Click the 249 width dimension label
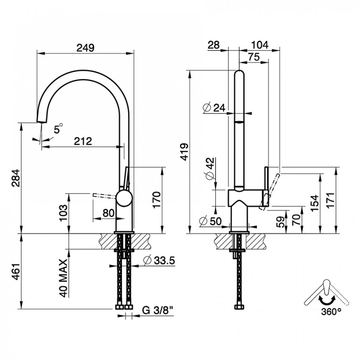(x=86, y=48)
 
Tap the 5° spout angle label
(x=58, y=128)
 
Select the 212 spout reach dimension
(x=83, y=141)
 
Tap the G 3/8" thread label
(x=158, y=310)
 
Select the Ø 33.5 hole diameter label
(x=159, y=260)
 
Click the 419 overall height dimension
(x=185, y=152)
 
